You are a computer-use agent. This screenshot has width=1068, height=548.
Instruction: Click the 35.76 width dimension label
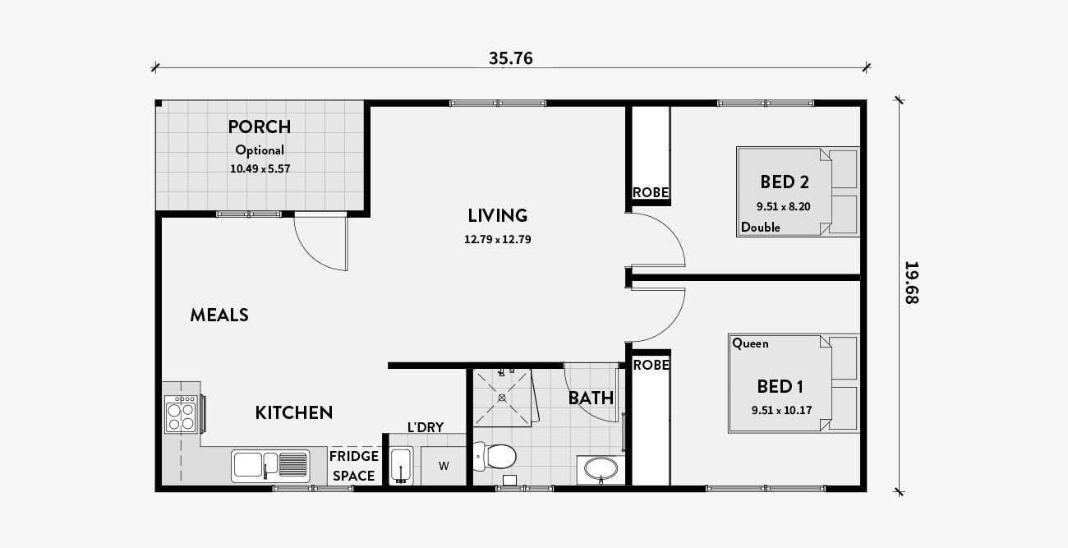pos(511,58)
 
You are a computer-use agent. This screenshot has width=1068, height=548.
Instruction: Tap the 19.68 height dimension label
pos(912,283)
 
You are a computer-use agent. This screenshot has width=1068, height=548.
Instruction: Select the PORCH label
pos(260,127)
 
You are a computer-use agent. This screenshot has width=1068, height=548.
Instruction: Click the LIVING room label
pos(497,215)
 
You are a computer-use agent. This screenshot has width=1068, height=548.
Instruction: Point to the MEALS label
pos(219,315)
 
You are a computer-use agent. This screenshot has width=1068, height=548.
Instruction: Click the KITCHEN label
pos(294,413)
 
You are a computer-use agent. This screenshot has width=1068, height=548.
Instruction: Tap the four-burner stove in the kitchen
pos(182,414)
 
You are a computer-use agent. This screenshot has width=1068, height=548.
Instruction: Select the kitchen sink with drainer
pos(270,466)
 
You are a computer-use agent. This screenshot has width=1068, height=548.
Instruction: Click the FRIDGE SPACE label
pos(354,466)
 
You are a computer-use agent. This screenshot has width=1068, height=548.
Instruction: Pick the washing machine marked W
pos(444,466)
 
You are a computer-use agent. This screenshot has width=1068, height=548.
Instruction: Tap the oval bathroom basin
pos(601,469)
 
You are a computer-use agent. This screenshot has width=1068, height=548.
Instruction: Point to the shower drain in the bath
pos(502,398)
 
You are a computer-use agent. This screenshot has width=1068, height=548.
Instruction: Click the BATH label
pos(591,398)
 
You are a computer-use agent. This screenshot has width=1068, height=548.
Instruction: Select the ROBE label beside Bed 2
pos(651,193)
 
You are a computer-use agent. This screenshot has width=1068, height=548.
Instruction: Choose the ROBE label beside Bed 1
pos(651,365)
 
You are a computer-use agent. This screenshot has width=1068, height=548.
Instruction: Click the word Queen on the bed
pos(750,343)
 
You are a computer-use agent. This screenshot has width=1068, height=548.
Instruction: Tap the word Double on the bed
pos(761,228)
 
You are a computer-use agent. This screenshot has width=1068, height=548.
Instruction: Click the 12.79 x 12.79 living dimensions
pos(497,239)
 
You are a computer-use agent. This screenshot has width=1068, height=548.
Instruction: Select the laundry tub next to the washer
pos(401,466)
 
